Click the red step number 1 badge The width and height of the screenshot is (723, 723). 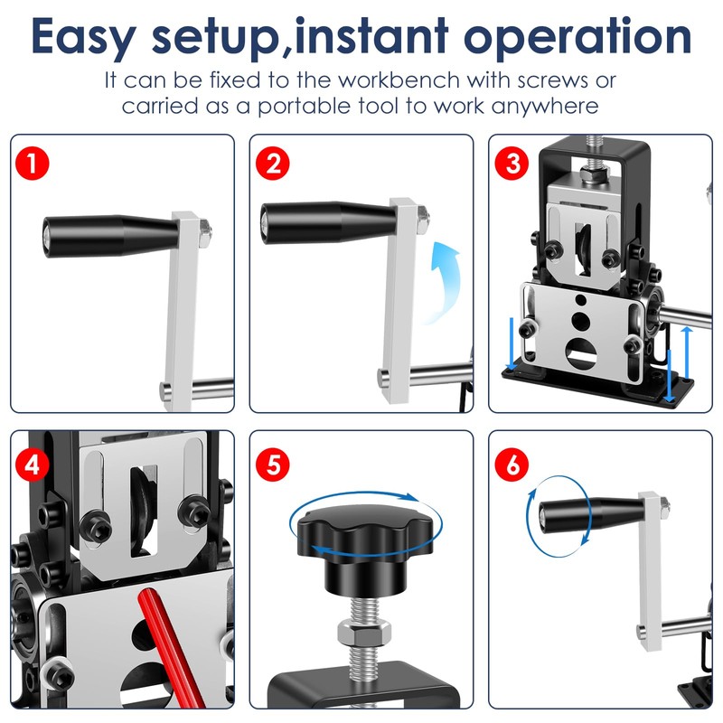coord(32,164)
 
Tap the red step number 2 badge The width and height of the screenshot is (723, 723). coord(273,164)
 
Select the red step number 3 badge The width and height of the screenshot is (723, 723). coord(512,164)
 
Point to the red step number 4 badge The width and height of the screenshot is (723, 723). coord(32,465)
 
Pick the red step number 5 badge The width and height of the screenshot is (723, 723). coord(273,465)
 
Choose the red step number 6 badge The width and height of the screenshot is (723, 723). coord(512,465)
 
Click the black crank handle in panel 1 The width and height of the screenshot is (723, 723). coord(109,236)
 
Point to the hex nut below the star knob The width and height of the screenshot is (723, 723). coord(364,631)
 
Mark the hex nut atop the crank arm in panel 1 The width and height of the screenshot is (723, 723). coord(205,230)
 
